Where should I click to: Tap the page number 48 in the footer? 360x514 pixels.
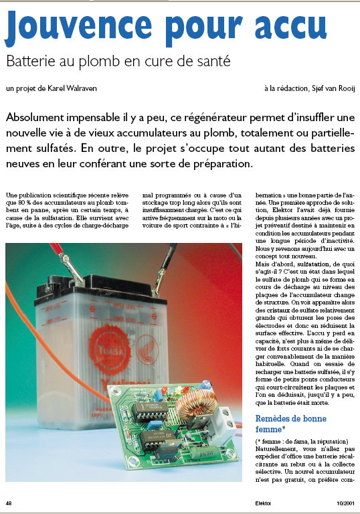[x=9, y=503]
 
